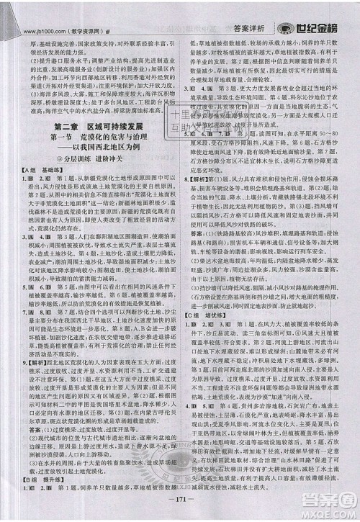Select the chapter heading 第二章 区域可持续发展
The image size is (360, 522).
click(x=96, y=127)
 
